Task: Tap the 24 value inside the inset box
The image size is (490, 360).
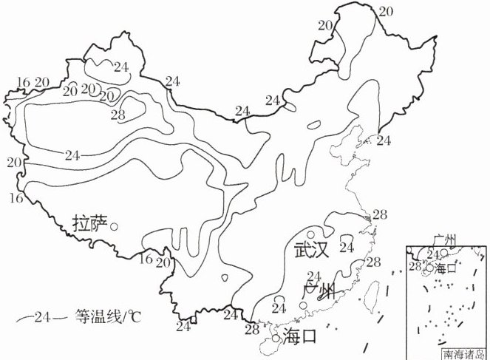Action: pos(433,254)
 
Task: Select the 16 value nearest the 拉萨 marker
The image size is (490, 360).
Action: pos(146,259)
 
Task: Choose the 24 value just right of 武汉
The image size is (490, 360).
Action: pos(346,247)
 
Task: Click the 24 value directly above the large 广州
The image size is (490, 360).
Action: pos(312,276)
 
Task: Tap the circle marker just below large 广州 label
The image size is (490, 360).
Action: pos(279,306)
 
